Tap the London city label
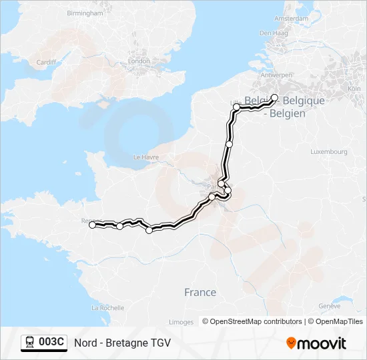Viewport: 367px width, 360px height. [139, 61]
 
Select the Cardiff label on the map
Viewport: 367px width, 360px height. [47, 63]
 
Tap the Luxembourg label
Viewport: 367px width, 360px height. [329, 152]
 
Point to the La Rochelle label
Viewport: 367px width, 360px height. [108, 308]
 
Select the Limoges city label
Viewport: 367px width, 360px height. [181, 322]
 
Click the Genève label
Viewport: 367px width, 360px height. [330, 306]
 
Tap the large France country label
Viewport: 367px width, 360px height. [200, 292]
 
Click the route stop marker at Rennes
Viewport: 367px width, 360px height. [93, 225]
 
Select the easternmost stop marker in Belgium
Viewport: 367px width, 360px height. [274, 97]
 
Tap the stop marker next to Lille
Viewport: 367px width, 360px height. [236, 107]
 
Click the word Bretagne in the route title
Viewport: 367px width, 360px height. [127, 343]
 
